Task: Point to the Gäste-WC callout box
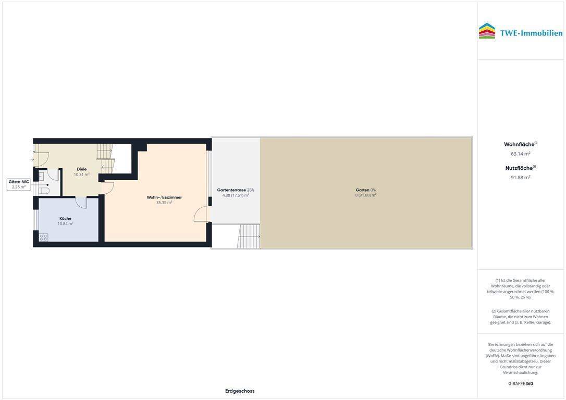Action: pyautogui.click(x=19, y=184)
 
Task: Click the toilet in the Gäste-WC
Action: pyautogui.click(x=44, y=191)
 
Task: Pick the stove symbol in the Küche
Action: pyautogui.click(x=43, y=238)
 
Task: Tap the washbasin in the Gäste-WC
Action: pyautogui.click(x=41, y=176)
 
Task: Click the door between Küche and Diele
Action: pyautogui.click(x=81, y=202)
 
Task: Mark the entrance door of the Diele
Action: pyautogui.click(x=41, y=159)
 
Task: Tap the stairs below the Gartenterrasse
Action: pyautogui.click(x=249, y=236)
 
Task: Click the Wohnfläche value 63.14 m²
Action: pyautogui.click(x=520, y=154)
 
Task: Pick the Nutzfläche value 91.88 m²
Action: pyautogui.click(x=520, y=177)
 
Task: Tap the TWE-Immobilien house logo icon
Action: pyautogui.click(x=487, y=31)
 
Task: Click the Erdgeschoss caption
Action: pyautogui.click(x=240, y=391)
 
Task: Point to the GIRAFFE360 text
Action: pyautogui.click(x=520, y=383)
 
